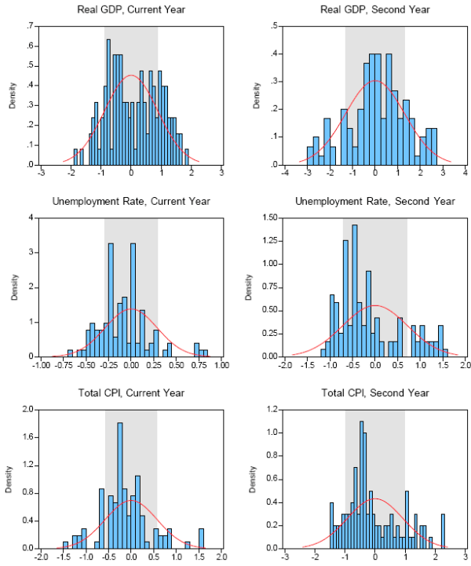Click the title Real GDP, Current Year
130,9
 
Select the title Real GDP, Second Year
375,9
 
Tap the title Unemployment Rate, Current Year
130,202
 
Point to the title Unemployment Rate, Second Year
375,202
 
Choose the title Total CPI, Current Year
130,393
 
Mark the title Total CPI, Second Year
375,393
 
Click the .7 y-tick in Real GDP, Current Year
31,26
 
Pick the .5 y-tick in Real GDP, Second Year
276,26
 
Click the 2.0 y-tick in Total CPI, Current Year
28,409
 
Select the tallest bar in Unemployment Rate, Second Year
355,290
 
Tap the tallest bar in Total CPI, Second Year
361,484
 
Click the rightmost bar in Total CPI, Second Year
443,531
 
